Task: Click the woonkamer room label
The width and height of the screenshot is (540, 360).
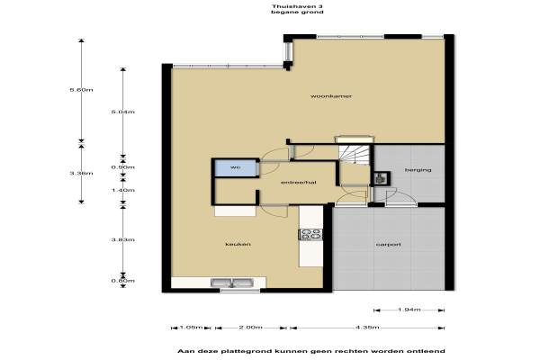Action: click(331, 96)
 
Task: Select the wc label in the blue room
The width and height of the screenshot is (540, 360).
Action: click(235, 167)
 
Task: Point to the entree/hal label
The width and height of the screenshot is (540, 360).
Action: click(299, 182)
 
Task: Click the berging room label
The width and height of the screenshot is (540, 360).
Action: click(418, 170)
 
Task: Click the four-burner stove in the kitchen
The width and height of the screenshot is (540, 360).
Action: click(311, 234)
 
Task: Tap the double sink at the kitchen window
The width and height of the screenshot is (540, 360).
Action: click(232, 283)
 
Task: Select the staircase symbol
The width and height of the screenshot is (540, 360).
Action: click(354, 154)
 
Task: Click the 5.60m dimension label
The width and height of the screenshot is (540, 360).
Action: click(81, 90)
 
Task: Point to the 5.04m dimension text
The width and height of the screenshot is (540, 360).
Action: click(123, 112)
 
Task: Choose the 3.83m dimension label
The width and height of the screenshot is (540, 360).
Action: click(123, 239)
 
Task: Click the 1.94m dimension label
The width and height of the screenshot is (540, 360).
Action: click(409, 310)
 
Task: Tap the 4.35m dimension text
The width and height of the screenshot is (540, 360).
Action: click(367, 328)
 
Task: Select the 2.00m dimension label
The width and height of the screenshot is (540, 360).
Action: click(251, 328)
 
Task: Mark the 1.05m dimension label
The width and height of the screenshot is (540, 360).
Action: click(191, 328)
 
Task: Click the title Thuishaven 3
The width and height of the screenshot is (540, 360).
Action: click(297, 6)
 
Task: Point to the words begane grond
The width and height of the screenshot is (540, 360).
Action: click(297, 12)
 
